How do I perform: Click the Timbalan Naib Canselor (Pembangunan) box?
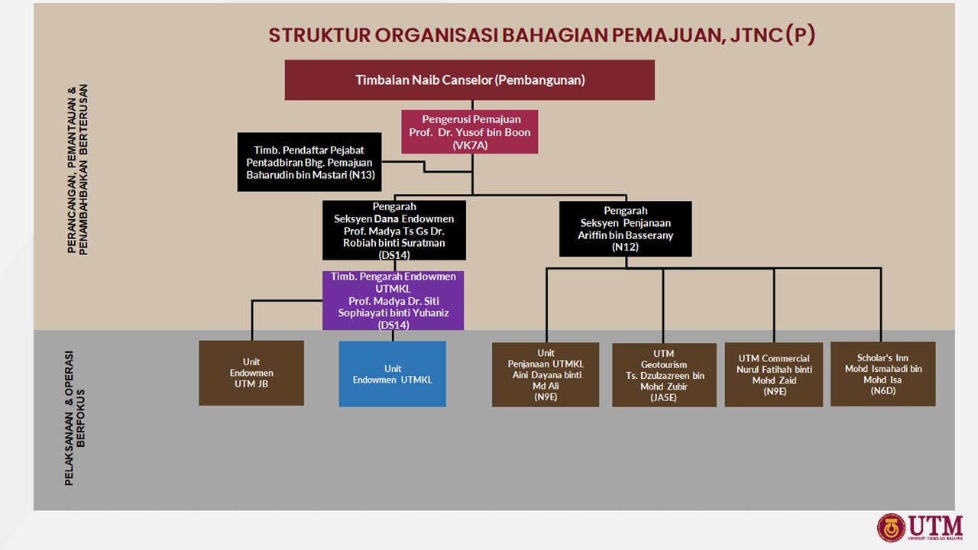coord(469,80)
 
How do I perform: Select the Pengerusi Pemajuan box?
coord(470,131)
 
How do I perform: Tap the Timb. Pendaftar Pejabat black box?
coord(309,162)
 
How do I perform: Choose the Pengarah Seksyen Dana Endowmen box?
coord(393,230)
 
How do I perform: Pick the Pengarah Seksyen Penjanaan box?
coord(625,228)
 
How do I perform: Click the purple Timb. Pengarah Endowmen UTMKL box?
coord(393,300)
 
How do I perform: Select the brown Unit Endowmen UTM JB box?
coord(251,373)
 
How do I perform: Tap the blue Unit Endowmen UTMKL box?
coord(392,374)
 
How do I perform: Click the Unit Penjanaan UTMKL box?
coord(546,374)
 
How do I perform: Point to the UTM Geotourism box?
coord(663,375)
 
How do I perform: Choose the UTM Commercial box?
coord(774,374)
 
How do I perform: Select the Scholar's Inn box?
coord(882,374)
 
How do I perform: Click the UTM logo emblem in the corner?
coord(891,527)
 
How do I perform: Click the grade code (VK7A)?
coord(470,144)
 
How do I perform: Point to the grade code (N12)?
coord(625,247)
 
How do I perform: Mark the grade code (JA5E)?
coord(663,397)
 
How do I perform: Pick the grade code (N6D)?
coord(882,390)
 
